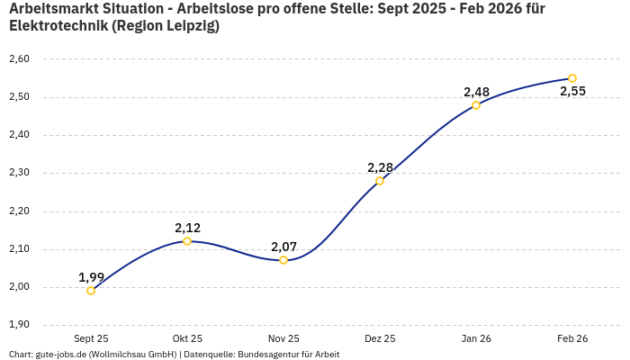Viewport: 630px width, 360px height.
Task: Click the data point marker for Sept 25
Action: (91, 291)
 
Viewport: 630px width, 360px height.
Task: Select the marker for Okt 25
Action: (187, 241)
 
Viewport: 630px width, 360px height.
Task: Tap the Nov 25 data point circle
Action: (283, 260)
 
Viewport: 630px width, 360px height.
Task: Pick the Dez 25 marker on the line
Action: (380, 181)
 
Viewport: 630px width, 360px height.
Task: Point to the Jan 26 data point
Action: (476, 105)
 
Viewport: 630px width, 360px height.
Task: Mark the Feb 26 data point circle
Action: (572, 78)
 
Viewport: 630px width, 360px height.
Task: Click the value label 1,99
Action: (91, 277)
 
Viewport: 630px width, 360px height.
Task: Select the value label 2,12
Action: (187, 228)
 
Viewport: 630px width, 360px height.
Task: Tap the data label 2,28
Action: (380, 167)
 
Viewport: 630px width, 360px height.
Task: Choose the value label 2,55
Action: (572, 91)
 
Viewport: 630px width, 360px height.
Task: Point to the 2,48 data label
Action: (476, 92)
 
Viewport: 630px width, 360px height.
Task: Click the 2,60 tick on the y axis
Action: (19, 59)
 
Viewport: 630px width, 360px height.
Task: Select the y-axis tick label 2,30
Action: (19, 174)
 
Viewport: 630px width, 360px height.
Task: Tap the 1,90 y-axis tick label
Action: (19, 325)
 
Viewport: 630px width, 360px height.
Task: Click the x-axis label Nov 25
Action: (283, 338)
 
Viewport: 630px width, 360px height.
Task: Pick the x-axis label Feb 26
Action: (572, 338)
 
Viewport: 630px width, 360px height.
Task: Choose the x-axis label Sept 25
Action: (91, 338)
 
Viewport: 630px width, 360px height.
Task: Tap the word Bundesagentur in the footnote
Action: (270, 354)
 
